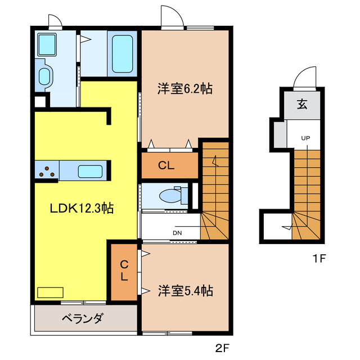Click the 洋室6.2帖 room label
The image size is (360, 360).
[x=184, y=88]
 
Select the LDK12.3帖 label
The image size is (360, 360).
[x=82, y=208]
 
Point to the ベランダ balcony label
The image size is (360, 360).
[x=82, y=319]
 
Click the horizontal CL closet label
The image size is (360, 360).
[x=166, y=165]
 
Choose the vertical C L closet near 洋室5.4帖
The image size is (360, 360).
[x=123, y=271]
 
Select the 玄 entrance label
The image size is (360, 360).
[x=302, y=104]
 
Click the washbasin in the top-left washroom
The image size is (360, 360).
[x=44, y=75]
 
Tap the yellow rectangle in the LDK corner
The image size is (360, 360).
[x=50, y=292]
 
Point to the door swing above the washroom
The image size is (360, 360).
[x=55, y=21]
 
